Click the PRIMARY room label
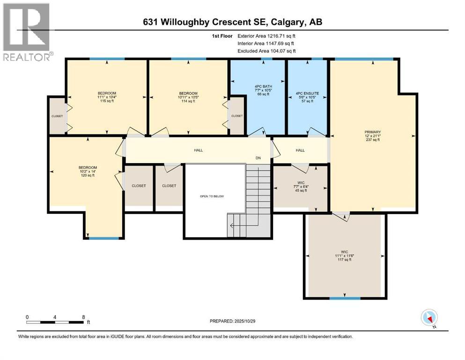(373, 132)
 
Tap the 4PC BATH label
(257, 93)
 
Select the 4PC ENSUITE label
(307, 93)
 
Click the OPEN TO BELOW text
(212, 196)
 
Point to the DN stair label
(258, 158)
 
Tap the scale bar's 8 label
(83, 317)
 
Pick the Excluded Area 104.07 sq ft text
(266, 51)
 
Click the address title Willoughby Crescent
(232, 22)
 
